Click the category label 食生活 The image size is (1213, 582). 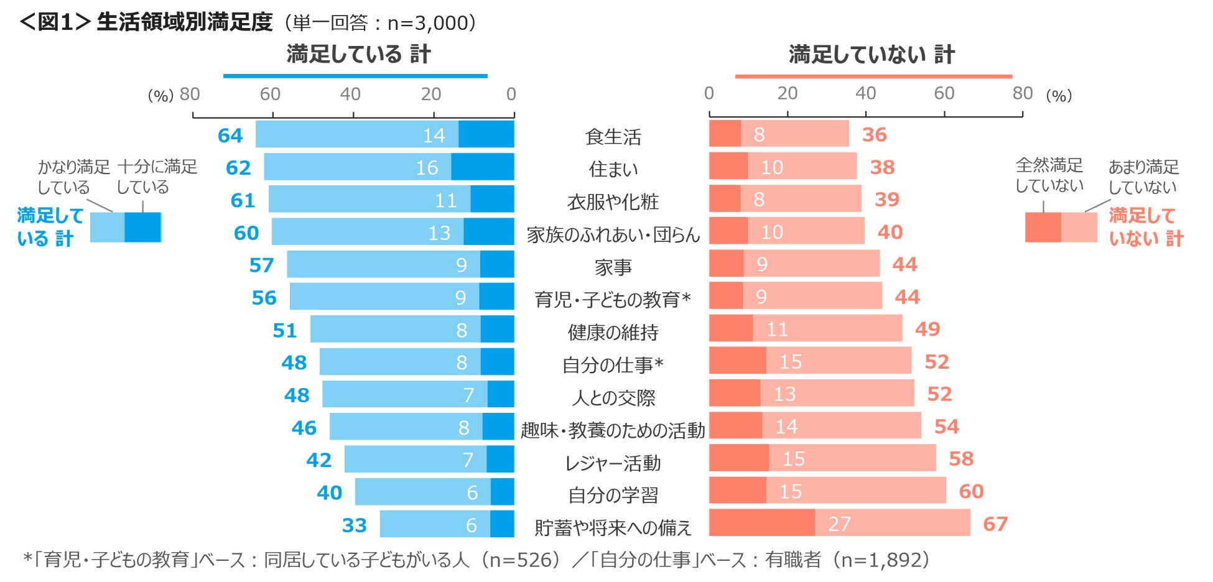pos(613,137)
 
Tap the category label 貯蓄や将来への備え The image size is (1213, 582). pos(613,527)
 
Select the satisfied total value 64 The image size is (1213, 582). pos(230,136)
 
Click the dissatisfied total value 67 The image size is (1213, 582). pos(995,524)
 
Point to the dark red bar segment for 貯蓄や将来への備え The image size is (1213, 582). pos(761,523)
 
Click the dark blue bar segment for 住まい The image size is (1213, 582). pos(482,167)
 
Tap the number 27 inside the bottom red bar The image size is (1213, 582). pos(839,524)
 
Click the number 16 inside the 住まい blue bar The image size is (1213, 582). pos(427,168)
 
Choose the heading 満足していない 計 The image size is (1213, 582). pos(871,55)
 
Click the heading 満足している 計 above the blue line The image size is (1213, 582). pos(358,54)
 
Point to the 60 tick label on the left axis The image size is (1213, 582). pos(270,94)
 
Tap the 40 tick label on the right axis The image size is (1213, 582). pos(865,93)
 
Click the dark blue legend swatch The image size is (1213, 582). pos(142,227)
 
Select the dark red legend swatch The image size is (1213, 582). pos(1043,227)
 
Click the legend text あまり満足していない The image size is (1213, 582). pos(1143,177)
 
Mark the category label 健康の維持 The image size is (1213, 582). pos(613,332)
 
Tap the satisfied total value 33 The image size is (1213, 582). pos(354,525)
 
